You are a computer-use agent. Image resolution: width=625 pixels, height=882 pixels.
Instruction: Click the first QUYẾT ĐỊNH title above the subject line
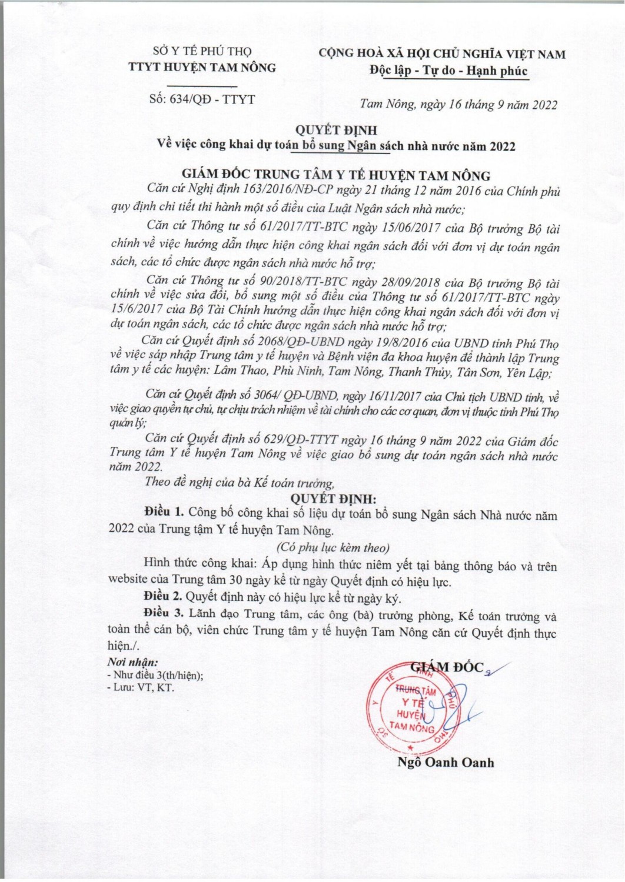[336, 130]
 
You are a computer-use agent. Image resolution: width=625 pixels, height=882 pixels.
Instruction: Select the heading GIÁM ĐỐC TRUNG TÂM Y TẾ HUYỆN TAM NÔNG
[336, 175]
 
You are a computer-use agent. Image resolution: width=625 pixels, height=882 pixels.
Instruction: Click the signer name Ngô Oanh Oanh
[446, 763]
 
